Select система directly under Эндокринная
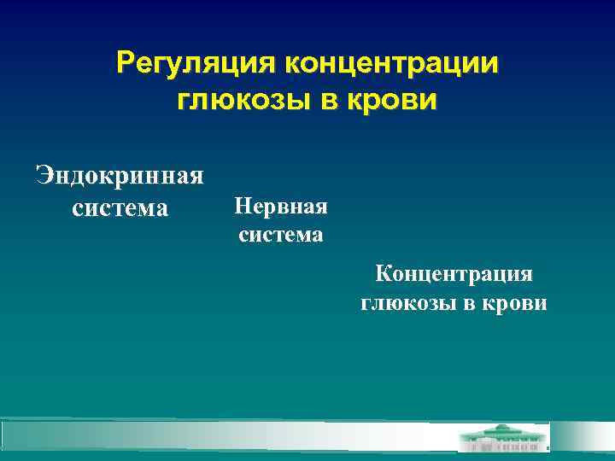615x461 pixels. pyautogui.click(x=120, y=207)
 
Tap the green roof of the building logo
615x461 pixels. pyautogui.click(x=504, y=430)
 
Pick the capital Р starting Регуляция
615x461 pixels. pyautogui.click(x=126, y=64)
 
